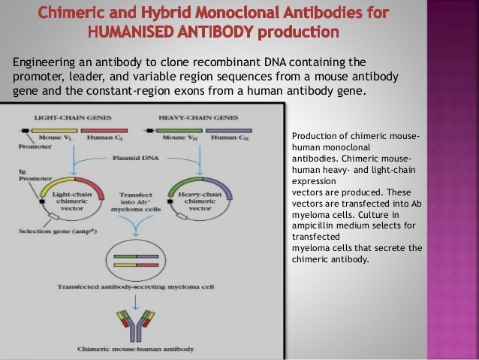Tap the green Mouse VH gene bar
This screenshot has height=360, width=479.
coord(179,129)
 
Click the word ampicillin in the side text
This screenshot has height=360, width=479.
coord(316,223)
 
